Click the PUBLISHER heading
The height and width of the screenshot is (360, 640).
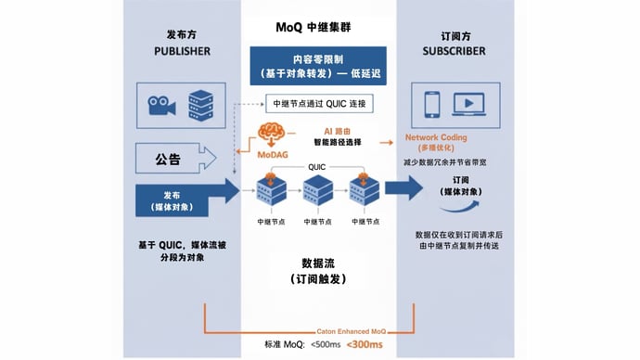click(182, 50)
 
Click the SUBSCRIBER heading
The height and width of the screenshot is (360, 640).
click(456, 50)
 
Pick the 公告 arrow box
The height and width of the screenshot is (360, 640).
click(182, 159)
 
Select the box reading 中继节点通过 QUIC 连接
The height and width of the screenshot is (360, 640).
click(319, 103)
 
